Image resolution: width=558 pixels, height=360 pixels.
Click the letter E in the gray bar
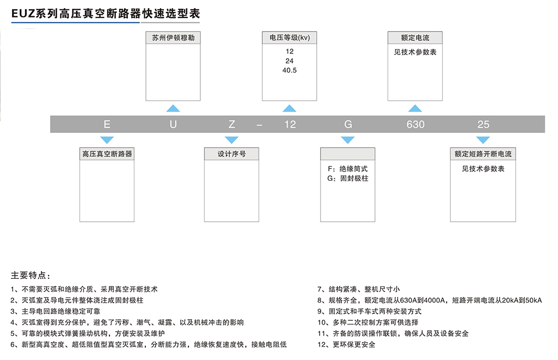[x=107, y=124]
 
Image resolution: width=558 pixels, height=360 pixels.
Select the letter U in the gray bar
[x=173, y=124]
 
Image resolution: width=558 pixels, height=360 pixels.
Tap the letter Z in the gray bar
[x=232, y=124]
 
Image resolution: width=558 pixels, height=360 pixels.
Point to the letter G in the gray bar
[x=348, y=124]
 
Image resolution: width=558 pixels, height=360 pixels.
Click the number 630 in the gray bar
[x=415, y=124]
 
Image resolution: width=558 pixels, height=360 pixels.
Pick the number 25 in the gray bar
[x=483, y=124]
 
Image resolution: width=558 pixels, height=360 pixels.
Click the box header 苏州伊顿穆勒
[x=173, y=38]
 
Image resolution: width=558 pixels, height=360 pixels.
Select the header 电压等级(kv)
[x=289, y=38]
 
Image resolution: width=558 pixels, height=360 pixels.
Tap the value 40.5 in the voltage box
[x=289, y=70]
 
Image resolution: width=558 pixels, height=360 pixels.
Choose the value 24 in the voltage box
[x=289, y=61]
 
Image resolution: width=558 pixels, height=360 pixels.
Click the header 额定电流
[x=415, y=38]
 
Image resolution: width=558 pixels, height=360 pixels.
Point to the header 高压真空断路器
[x=107, y=154]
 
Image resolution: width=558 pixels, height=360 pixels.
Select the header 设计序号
[x=232, y=154]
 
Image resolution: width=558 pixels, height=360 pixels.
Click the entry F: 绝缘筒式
[x=348, y=169]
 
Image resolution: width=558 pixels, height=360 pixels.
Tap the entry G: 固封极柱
[x=348, y=179]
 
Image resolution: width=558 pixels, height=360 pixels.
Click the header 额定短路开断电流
[x=483, y=154]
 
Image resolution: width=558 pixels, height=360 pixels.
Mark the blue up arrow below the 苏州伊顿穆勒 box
[x=173, y=108]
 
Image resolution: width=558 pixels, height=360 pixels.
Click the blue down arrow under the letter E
[x=107, y=140]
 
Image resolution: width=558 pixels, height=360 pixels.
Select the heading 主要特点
[x=30, y=275]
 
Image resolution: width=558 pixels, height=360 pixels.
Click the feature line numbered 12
[x=346, y=344]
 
